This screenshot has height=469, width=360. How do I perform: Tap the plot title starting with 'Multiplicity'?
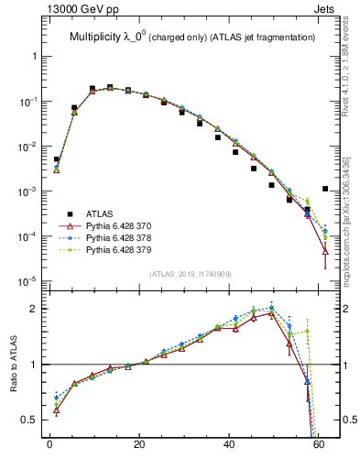tap(192, 38)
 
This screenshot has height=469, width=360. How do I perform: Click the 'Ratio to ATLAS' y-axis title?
tap(14, 365)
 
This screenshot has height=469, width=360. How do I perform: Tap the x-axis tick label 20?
tap(138, 449)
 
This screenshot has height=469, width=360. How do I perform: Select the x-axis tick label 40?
tap(228, 449)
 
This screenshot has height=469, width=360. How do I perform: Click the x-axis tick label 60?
tap(318, 449)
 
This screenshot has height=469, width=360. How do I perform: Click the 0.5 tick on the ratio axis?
tap(28, 420)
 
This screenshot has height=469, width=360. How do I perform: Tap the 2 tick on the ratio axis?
tap(33, 309)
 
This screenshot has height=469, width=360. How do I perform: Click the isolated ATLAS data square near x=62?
tap(326, 189)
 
